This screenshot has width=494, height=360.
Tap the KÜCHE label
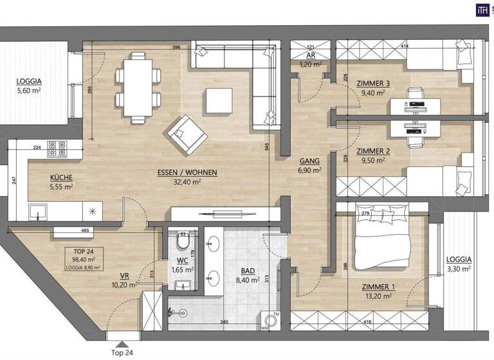(x=62, y=177)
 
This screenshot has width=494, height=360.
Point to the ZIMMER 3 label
(x=373, y=84)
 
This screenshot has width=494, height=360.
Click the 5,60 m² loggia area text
(x=30, y=91)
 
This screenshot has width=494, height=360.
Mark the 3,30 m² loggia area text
(x=458, y=269)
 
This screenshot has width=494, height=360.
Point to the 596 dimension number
(x=176, y=47)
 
